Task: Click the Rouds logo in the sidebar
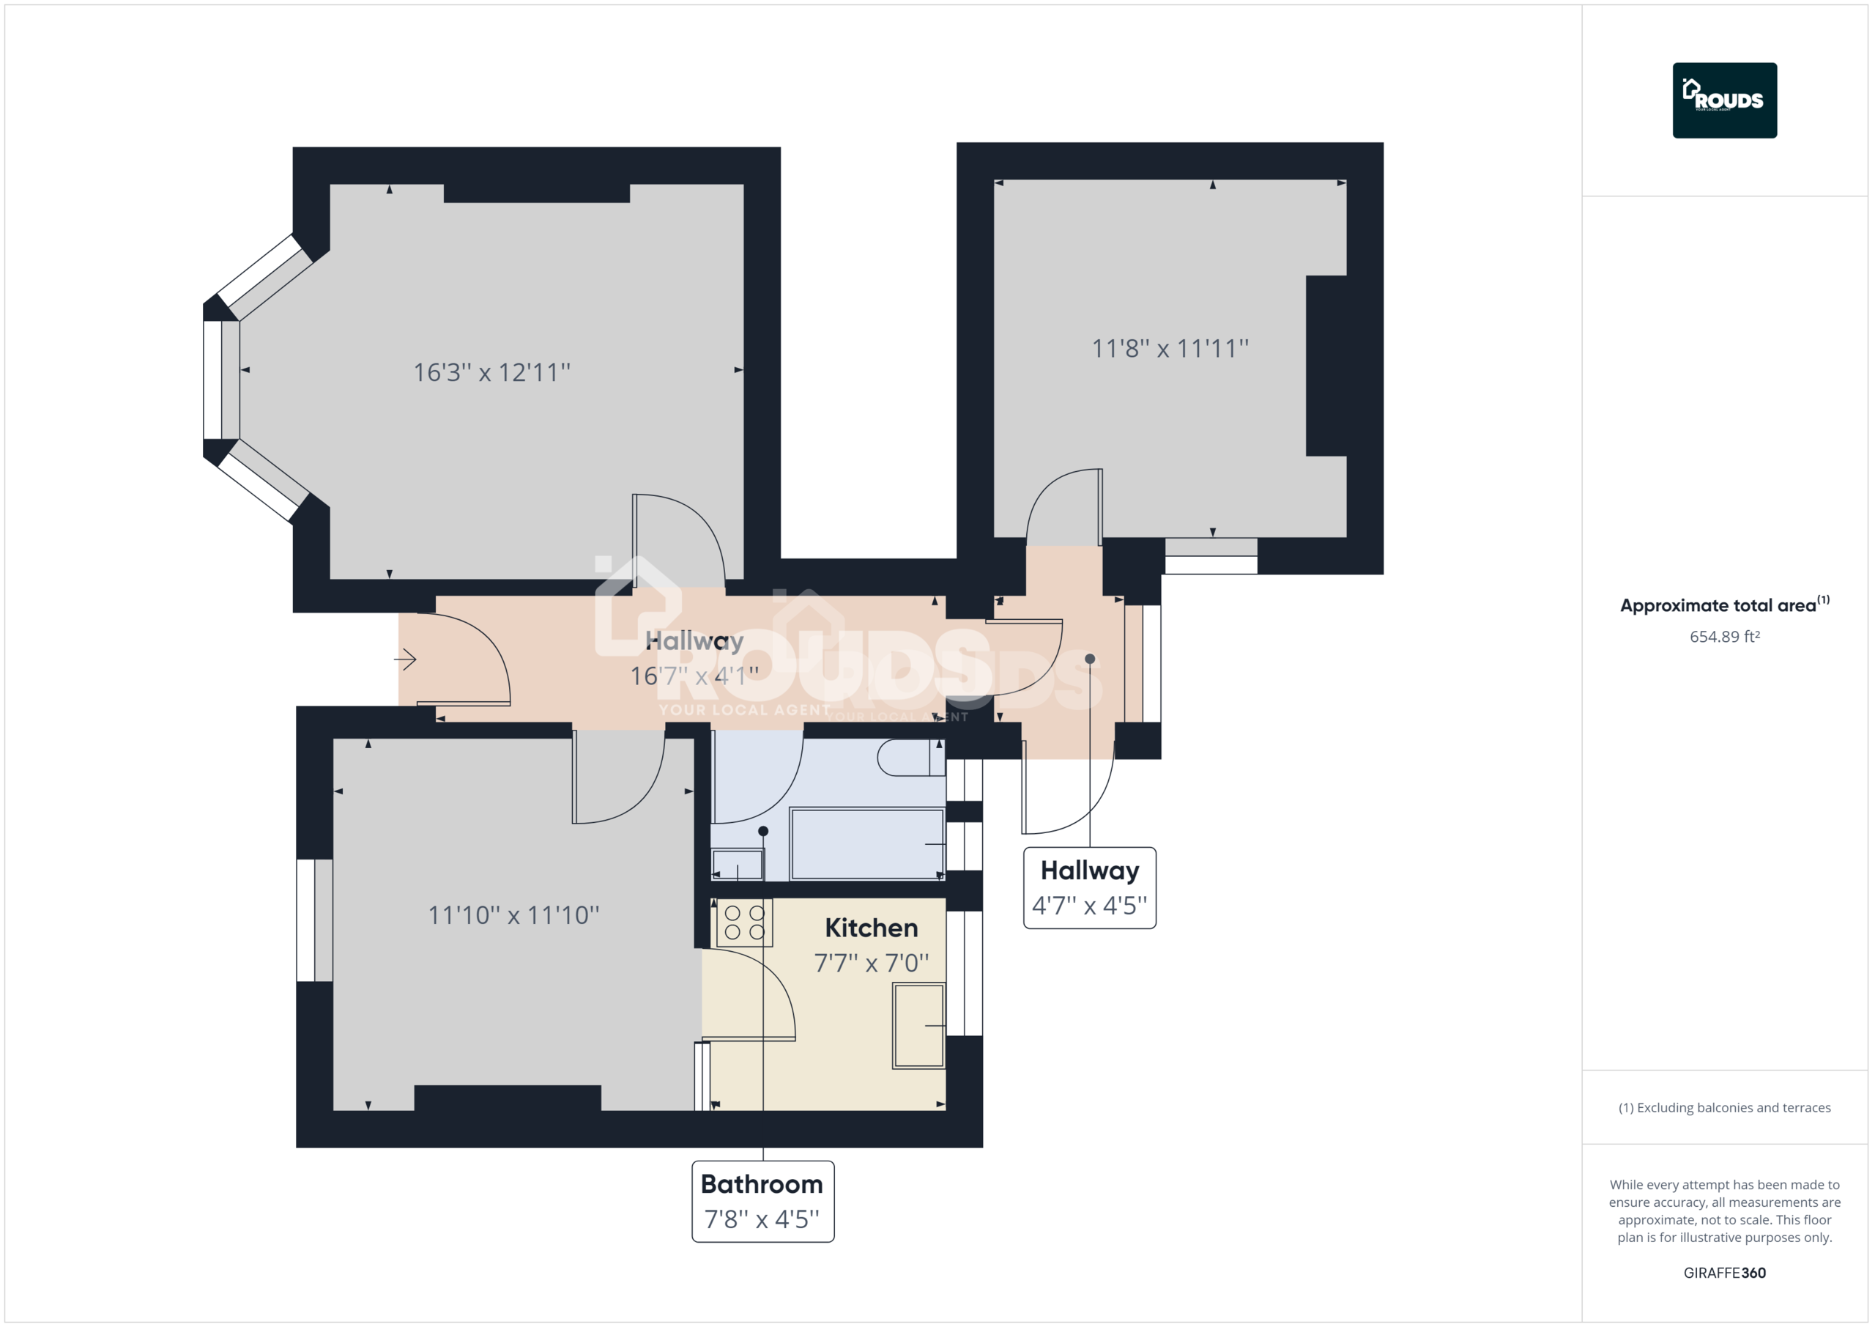pyautogui.click(x=1724, y=100)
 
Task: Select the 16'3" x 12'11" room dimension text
pyautogui.click(x=491, y=373)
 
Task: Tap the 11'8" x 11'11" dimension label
pyautogui.click(x=1170, y=349)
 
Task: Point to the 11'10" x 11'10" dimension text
pyautogui.click(x=513, y=914)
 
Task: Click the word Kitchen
pyautogui.click(x=871, y=928)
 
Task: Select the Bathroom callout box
pyautogui.click(x=762, y=1200)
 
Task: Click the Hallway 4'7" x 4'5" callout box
pyautogui.click(x=1089, y=887)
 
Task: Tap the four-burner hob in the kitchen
pyautogui.click(x=744, y=923)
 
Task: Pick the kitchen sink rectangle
pyautogui.click(x=918, y=1026)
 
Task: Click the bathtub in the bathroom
pyautogui.click(x=866, y=844)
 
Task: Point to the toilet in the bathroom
pyautogui.click(x=909, y=758)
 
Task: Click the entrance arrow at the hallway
pyautogui.click(x=406, y=659)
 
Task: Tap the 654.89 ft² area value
pyautogui.click(x=1724, y=637)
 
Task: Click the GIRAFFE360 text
pyautogui.click(x=1724, y=1272)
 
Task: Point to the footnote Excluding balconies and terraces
pyautogui.click(x=1724, y=1107)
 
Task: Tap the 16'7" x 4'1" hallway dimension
pyautogui.click(x=694, y=676)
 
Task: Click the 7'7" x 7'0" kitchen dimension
pyautogui.click(x=871, y=963)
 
